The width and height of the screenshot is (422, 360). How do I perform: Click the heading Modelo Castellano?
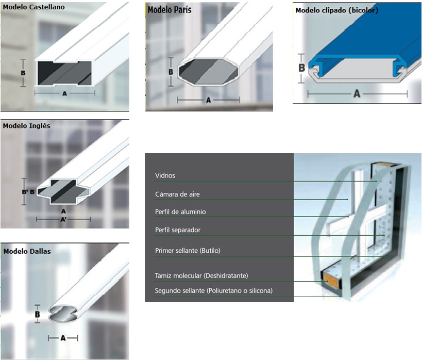(33, 7)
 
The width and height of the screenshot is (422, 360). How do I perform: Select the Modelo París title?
(170, 10)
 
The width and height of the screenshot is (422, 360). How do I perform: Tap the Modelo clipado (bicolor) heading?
(336, 10)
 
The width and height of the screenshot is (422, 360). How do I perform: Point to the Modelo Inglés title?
(26, 126)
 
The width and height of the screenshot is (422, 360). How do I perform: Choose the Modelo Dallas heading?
(27, 251)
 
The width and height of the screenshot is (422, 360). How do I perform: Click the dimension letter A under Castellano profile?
(64, 93)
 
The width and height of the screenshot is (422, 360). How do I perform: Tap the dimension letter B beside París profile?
(171, 72)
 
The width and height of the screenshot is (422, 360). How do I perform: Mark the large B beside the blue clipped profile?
(302, 68)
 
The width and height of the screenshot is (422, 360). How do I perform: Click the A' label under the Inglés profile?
(63, 220)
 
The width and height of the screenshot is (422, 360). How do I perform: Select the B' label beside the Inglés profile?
(25, 192)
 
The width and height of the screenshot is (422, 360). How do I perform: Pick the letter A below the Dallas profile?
(63, 338)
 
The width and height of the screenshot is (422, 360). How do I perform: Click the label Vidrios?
(165, 175)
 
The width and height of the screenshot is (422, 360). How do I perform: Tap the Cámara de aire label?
(177, 194)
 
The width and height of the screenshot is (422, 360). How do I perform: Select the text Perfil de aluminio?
(180, 212)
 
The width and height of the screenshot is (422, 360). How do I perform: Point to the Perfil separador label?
(178, 230)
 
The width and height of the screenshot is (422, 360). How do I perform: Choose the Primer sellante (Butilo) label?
(188, 251)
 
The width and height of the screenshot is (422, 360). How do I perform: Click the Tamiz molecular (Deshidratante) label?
(201, 275)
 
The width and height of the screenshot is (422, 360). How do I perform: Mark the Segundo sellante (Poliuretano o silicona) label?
(214, 290)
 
